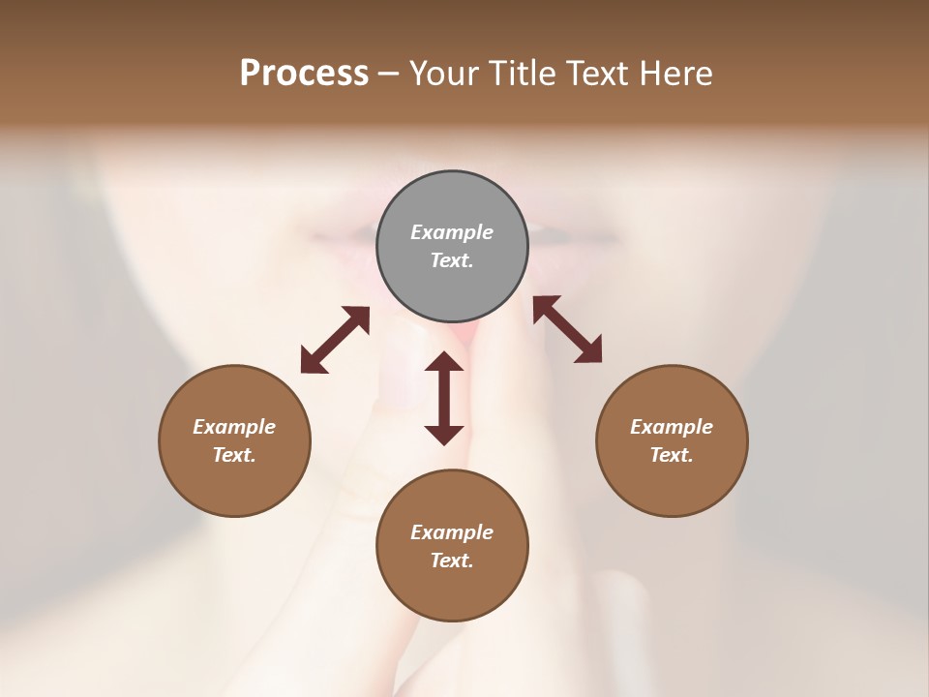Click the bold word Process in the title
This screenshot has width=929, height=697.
[304, 74]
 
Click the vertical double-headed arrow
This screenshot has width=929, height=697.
[444, 398]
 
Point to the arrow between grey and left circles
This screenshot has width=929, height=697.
[335, 340]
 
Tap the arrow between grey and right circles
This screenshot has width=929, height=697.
[567, 329]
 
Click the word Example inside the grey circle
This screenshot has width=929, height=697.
[452, 232]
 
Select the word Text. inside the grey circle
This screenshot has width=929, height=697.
[452, 260]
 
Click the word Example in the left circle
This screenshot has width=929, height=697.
[234, 427]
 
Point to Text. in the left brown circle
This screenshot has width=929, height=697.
[234, 455]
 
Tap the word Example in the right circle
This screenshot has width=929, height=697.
[672, 427]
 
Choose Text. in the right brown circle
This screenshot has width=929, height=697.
[672, 455]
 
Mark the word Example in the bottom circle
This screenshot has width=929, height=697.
[452, 532]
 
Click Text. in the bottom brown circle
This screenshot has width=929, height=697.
[452, 561]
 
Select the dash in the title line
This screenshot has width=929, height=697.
[389, 75]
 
